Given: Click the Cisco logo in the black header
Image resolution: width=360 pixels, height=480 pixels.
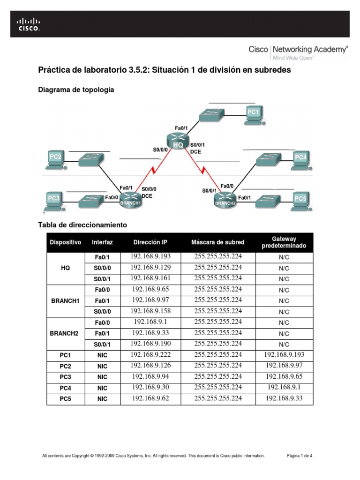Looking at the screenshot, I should (x=29, y=24).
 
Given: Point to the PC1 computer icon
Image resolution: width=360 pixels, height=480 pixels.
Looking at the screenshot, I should (x=254, y=113).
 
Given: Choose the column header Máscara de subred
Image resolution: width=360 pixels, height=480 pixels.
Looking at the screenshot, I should (x=217, y=242).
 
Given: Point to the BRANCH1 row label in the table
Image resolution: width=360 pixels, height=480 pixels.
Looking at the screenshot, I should (x=65, y=301).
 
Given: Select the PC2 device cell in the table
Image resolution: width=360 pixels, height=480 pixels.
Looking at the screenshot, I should (x=65, y=366).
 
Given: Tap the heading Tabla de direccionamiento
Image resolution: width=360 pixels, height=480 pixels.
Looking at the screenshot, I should (x=82, y=225).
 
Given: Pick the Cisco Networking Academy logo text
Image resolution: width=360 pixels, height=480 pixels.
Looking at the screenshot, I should (x=298, y=49).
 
